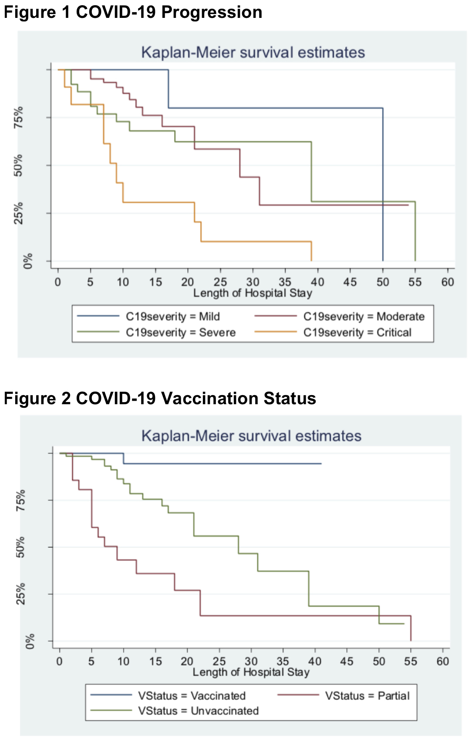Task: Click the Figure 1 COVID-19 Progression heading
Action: point(133,12)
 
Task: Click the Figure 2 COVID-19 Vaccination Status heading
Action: point(160,398)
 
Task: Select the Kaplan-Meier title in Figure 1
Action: point(253,52)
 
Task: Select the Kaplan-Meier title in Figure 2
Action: point(251,436)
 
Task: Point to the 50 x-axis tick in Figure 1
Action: point(383,282)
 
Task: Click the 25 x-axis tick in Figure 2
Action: point(219,662)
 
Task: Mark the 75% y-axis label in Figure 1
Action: point(19,117)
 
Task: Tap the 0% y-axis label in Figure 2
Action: point(30,641)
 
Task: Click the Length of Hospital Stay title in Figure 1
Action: point(253,293)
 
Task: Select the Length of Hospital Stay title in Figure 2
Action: point(251,672)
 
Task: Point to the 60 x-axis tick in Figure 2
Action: point(442,662)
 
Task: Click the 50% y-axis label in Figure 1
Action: point(19,165)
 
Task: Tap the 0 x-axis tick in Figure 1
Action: point(58,282)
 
